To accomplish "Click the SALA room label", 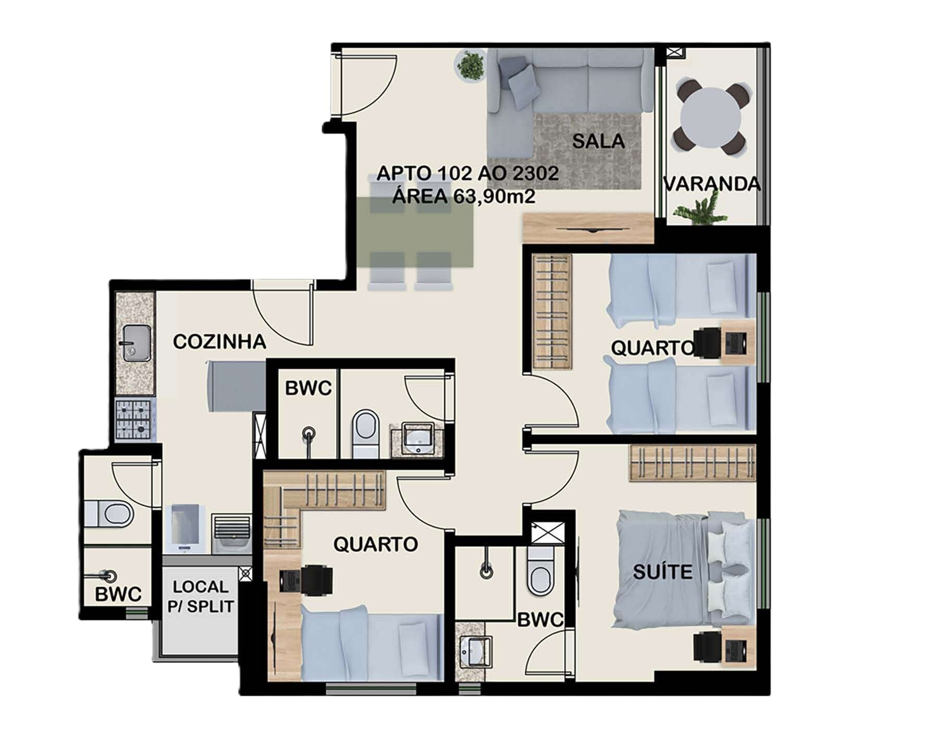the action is pyautogui.click(x=598, y=141).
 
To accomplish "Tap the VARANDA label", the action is pyautogui.click(x=712, y=184).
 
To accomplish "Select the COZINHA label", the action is pyautogui.click(x=219, y=342).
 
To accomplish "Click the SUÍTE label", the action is pyautogui.click(x=663, y=572).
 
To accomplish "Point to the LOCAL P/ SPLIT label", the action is pyautogui.click(x=201, y=596).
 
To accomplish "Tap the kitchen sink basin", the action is pyautogui.click(x=137, y=343).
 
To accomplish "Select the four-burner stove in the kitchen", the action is pyautogui.click(x=133, y=420).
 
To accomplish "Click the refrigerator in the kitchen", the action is pyautogui.click(x=236, y=386).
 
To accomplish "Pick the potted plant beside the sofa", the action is pyautogui.click(x=471, y=65).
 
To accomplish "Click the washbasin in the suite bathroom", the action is pyautogui.click(x=476, y=651).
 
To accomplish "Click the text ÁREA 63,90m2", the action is pyautogui.click(x=464, y=196).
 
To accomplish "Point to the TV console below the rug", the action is pyautogui.click(x=588, y=228).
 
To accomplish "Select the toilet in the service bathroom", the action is pyautogui.click(x=109, y=514).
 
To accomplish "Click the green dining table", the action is pyautogui.click(x=415, y=232).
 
